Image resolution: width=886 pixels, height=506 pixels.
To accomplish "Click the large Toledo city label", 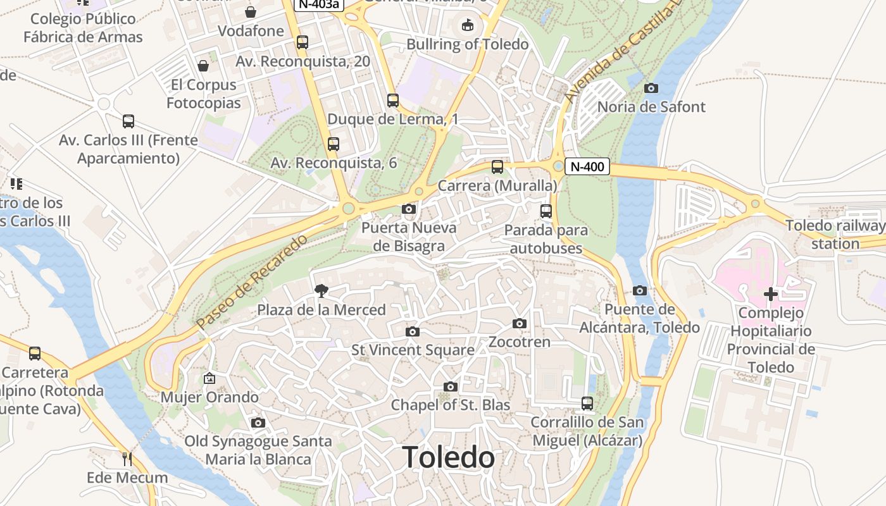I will click(448, 457).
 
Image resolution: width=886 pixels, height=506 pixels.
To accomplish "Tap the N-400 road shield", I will click(587, 167).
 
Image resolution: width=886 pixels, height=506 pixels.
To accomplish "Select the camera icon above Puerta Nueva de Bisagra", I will click(409, 209).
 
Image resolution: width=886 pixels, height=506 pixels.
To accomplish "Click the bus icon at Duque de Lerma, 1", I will click(393, 101).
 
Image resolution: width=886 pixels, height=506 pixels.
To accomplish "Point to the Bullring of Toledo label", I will click(467, 44).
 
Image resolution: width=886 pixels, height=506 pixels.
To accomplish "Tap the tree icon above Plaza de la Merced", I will click(321, 291).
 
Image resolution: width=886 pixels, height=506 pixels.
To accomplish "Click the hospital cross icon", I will click(771, 294).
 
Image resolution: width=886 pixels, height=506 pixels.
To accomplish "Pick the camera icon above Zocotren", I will click(520, 324).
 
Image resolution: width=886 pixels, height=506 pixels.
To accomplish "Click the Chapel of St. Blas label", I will click(451, 405).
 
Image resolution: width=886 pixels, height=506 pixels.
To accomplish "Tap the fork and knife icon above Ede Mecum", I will click(127, 458).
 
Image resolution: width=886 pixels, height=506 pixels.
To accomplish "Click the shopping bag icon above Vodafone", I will click(251, 12).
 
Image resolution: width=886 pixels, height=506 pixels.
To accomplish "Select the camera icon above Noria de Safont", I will click(651, 89).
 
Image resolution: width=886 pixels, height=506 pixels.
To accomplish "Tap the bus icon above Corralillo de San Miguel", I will click(587, 404).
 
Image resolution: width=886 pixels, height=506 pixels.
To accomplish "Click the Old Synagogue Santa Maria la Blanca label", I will click(258, 450).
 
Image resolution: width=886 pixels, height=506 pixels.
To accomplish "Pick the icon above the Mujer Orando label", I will click(209, 379).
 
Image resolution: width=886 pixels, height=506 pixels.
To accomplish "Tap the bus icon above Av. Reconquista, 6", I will click(334, 144).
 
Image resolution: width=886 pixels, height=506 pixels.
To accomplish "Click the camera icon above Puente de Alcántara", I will click(640, 291).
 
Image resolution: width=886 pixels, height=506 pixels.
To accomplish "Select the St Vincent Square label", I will click(413, 350).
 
